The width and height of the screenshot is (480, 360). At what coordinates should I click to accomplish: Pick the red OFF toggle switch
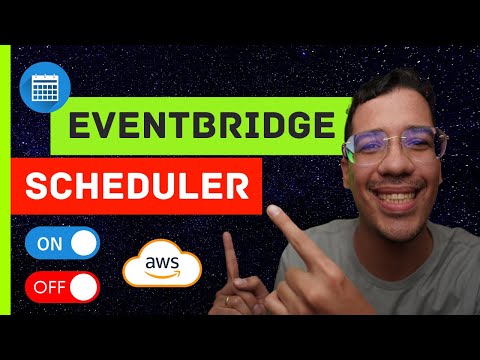pos(62,288)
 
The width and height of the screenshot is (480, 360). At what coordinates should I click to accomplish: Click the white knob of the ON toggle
pos(85,242)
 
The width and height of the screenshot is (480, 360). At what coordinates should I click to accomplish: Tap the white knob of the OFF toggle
pos(85,288)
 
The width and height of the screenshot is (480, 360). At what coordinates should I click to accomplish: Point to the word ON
pos(48,242)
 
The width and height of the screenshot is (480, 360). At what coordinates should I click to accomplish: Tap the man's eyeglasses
pos(393,146)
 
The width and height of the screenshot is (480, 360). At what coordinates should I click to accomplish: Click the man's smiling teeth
pos(392,194)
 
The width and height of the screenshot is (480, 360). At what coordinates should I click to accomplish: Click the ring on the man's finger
pos(230,299)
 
